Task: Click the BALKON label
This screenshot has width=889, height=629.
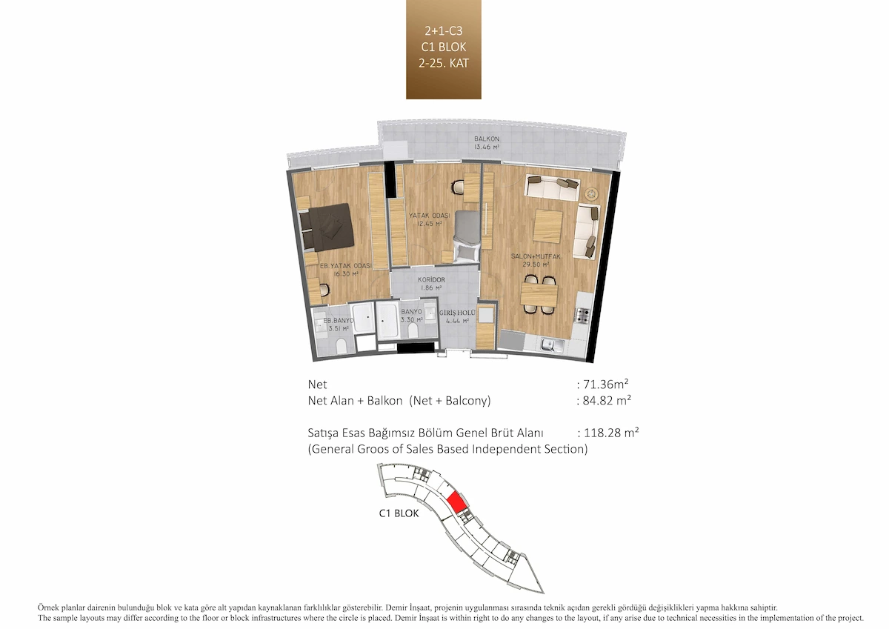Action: pyautogui.click(x=487, y=139)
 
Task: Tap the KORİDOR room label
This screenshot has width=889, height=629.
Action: pyautogui.click(x=431, y=280)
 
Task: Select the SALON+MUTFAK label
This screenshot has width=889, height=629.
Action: pyautogui.click(x=536, y=256)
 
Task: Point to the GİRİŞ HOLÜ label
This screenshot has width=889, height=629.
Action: pyautogui.click(x=457, y=313)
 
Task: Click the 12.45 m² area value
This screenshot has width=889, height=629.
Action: pyautogui.click(x=430, y=224)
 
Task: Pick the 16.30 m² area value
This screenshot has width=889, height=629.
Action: pyautogui.click(x=346, y=273)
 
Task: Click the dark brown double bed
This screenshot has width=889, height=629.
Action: pyautogui.click(x=326, y=227)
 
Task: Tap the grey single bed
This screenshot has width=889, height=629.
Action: pyautogui.click(x=467, y=236)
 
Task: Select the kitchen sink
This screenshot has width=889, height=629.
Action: pyautogui.click(x=552, y=345)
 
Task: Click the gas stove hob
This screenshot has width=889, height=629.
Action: pyautogui.click(x=582, y=316)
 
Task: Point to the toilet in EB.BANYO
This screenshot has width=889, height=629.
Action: pyautogui.click(x=342, y=346)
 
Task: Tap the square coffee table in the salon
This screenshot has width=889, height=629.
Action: pyautogui.click(x=547, y=225)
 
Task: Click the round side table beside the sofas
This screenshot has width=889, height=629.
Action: pyautogui.click(x=592, y=193)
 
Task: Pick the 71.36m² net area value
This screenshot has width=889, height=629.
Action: pyautogui.click(x=606, y=385)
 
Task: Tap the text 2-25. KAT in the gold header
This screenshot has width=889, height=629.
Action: pyautogui.click(x=444, y=63)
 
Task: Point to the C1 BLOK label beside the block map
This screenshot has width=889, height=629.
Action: pyautogui.click(x=399, y=513)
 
